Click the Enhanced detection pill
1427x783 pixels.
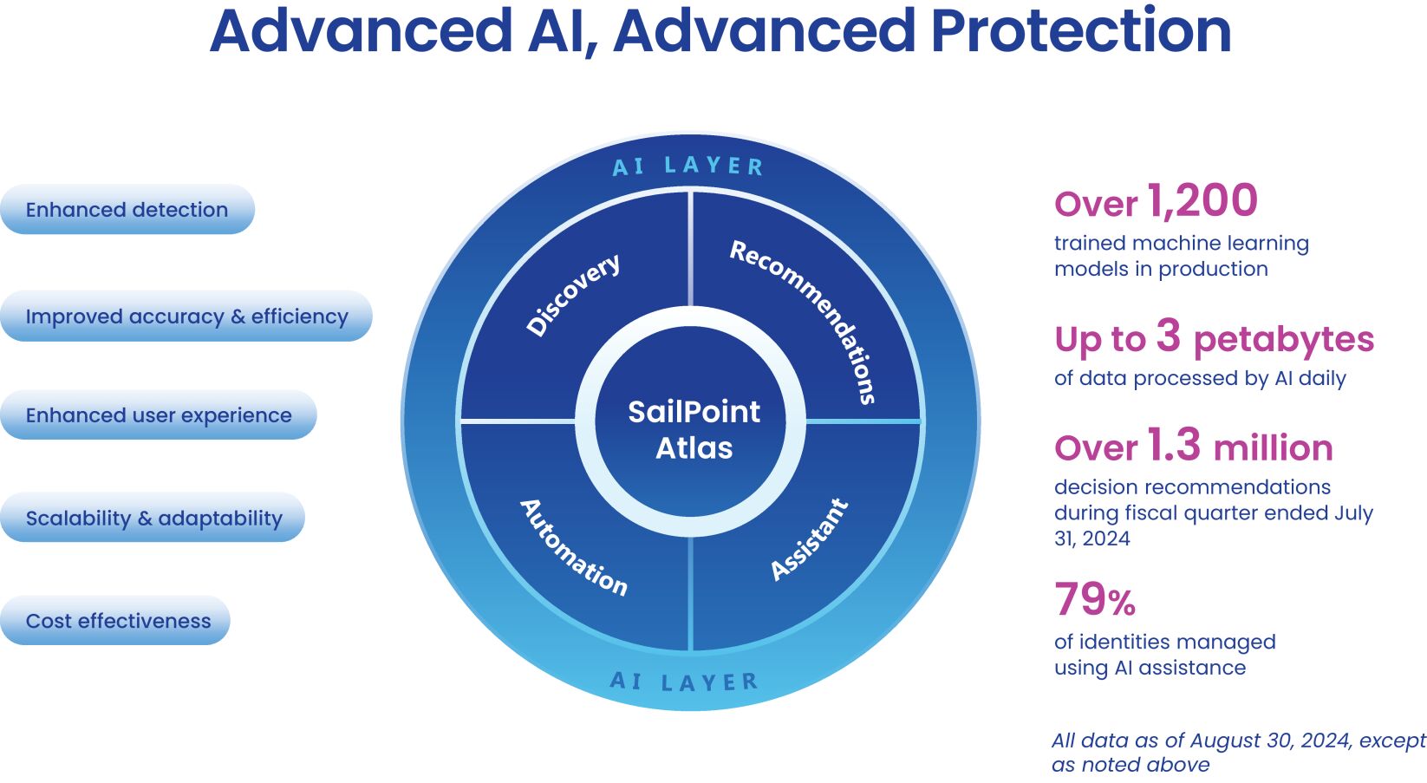pyautogui.click(x=127, y=210)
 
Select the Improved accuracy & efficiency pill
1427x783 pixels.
pyautogui.click(x=186, y=316)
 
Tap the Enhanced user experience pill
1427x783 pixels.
pyautogui.click(x=159, y=415)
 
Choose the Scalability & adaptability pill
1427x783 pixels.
pyautogui.click(x=153, y=519)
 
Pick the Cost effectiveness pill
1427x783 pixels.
pyautogui.click(x=118, y=621)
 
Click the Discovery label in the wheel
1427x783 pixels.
pyautogui.click(x=573, y=294)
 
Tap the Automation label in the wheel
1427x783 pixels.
pyautogui.click(x=573, y=547)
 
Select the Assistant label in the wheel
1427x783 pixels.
pyautogui.click(x=809, y=539)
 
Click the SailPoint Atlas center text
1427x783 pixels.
pyautogui.click(x=694, y=429)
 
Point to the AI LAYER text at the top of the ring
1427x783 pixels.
pyautogui.click(x=687, y=166)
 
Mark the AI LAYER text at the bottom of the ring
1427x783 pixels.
pyautogui.click(x=684, y=682)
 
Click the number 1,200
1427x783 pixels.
pyautogui.click(x=1202, y=201)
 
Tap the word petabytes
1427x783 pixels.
pyautogui.click(x=1283, y=339)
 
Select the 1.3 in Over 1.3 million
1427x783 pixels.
pyautogui.click(x=1173, y=445)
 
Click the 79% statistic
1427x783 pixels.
pyautogui.click(x=1095, y=599)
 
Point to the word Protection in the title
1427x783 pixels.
pyautogui.click(x=1080, y=31)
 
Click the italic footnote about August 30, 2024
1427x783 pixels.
pyautogui.click(x=1237, y=752)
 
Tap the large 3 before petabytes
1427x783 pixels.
pyautogui.click(x=1168, y=336)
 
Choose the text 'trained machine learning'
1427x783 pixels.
pyautogui.click(x=1181, y=244)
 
